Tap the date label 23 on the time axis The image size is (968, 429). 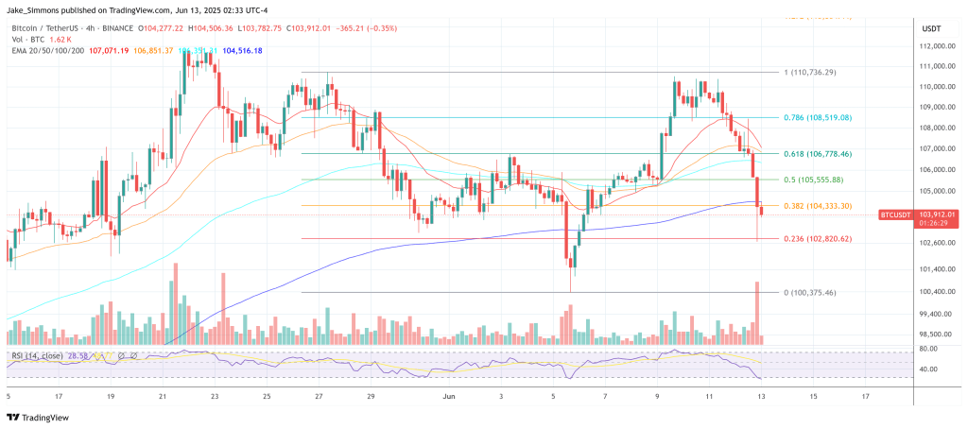click(x=215, y=398)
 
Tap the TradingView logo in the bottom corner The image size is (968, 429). click(x=38, y=417)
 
